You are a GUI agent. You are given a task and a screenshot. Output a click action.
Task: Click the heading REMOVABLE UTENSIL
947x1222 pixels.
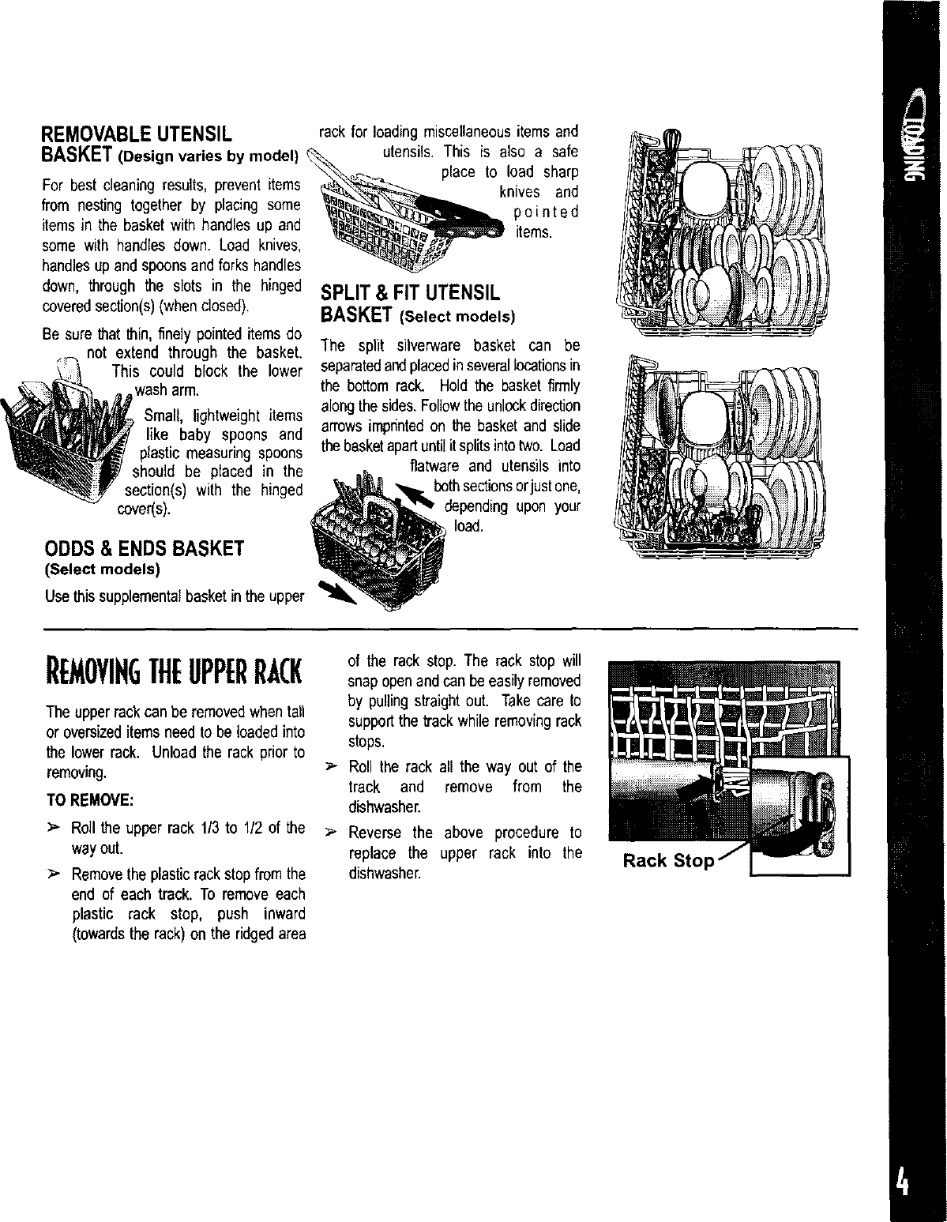point(135,133)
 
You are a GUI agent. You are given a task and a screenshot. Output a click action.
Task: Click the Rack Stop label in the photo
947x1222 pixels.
point(668,861)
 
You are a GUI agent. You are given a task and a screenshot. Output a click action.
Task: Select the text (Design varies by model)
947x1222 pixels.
point(206,153)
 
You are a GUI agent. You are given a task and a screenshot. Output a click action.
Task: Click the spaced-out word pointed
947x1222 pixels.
point(546,212)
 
